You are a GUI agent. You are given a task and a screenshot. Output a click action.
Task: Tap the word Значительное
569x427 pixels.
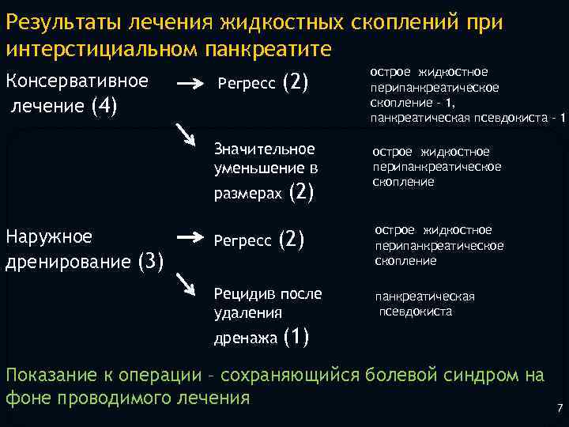(x=264, y=149)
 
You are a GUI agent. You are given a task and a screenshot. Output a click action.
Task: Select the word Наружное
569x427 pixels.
(x=48, y=236)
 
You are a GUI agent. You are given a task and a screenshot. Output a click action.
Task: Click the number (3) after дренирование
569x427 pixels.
(x=151, y=260)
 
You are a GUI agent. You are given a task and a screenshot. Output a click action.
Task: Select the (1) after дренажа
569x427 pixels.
(x=295, y=338)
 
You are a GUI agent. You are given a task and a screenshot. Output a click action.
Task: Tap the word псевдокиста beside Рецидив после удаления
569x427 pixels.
(x=416, y=312)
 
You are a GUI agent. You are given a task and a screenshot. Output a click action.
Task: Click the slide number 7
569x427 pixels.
(x=559, y=409)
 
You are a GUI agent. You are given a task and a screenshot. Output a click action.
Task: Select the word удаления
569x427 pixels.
(x=247, y=313)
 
